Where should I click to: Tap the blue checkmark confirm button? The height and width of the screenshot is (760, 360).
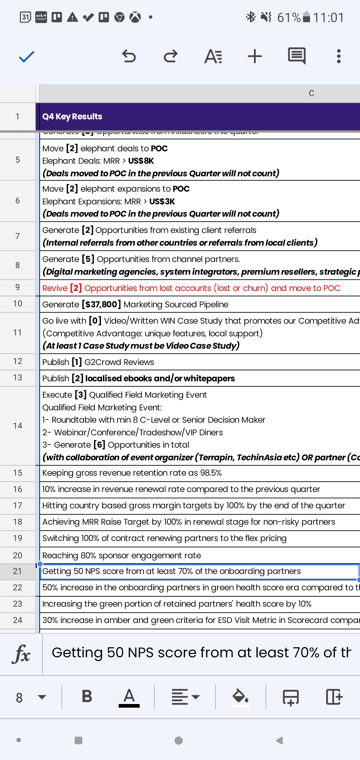coord(27,57)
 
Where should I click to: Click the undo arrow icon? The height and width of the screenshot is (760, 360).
coord(129,56)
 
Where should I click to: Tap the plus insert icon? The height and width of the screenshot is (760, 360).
coord(255,56)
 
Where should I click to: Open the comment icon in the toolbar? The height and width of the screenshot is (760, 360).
coord(297,56)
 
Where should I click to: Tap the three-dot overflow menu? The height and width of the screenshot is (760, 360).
coord(339,56)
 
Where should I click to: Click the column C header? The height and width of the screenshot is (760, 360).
coord(311,93)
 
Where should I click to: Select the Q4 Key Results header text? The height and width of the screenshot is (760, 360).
coord(72,117)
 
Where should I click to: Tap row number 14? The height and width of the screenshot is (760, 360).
coord(18,426)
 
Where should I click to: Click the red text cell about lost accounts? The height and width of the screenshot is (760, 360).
coord(191,288)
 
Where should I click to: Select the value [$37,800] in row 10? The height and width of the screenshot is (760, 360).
coord(101,304)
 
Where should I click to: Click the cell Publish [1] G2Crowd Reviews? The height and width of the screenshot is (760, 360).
coord(98,362)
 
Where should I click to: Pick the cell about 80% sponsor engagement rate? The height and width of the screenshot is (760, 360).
coord(122,555)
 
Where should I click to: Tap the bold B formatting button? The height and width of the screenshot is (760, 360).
coord(87,696)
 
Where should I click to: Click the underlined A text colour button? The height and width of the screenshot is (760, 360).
coord(129,697)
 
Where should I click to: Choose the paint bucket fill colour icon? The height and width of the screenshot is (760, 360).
coord(240,696)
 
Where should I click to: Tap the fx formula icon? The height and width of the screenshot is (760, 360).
coord(21,654)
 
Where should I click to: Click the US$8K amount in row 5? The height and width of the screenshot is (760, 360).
coord(141,161)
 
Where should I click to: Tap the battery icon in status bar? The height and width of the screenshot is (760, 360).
coord(306,17)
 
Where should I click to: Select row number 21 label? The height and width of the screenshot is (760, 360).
coord(18,571)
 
